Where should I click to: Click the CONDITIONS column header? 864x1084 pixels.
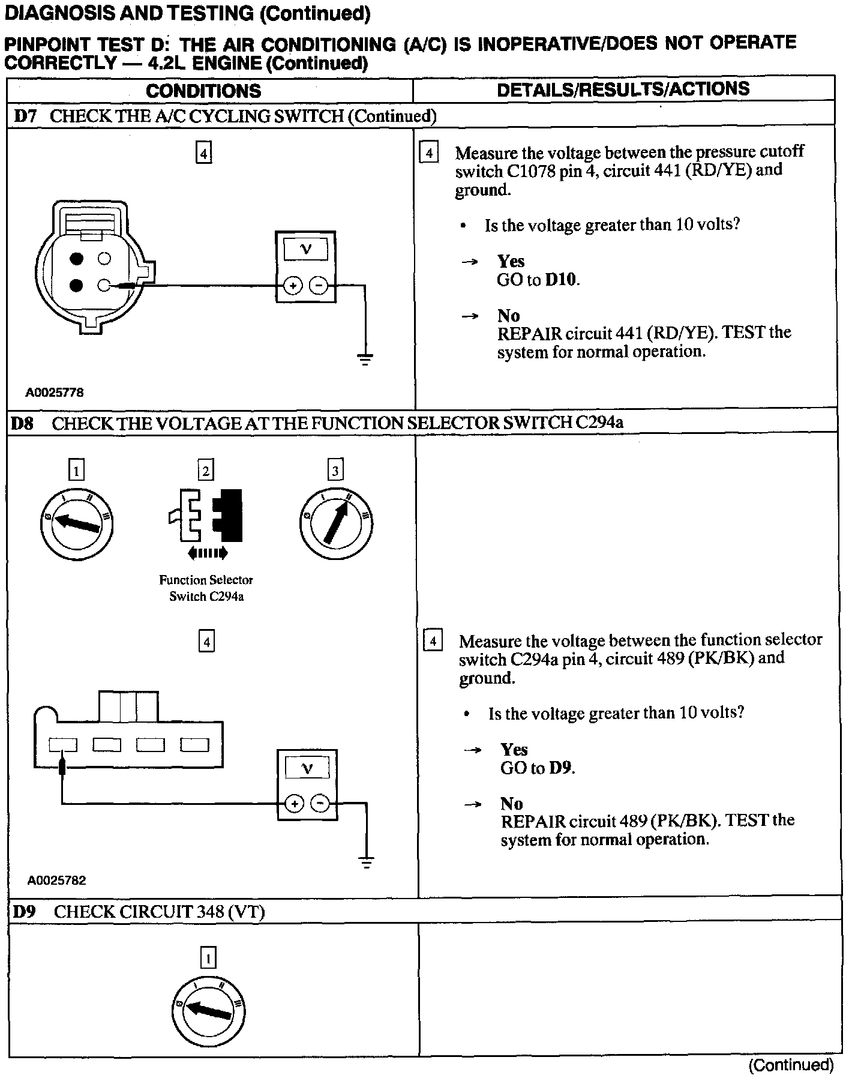[x=203, y=91]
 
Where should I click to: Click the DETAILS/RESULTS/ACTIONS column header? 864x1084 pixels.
[x=623, y=89]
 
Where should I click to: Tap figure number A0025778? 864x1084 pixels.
[x=55, y=393]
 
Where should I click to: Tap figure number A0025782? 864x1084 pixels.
[x=57, y=881]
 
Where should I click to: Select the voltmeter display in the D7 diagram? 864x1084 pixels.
[x=305, y=249]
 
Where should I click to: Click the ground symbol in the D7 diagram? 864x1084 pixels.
[x=364, y=359]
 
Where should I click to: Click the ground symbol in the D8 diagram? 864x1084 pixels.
[x=367, y=863]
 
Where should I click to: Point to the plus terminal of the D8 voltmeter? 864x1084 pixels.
[x=294, y=804]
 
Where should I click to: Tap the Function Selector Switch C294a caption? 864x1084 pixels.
[x=206, y=588]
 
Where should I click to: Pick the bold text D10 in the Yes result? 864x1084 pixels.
[x=562, y=280]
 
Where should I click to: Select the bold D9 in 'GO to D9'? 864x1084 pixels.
[x=561, y=768]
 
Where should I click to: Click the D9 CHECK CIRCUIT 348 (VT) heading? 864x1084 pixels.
[x=138, y=912]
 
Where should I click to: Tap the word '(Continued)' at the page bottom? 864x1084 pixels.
[x=791, y=1065]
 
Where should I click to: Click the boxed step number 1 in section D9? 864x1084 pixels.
[x=208, y=958]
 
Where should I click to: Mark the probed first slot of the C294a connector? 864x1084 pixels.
[x=63, y=745]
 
